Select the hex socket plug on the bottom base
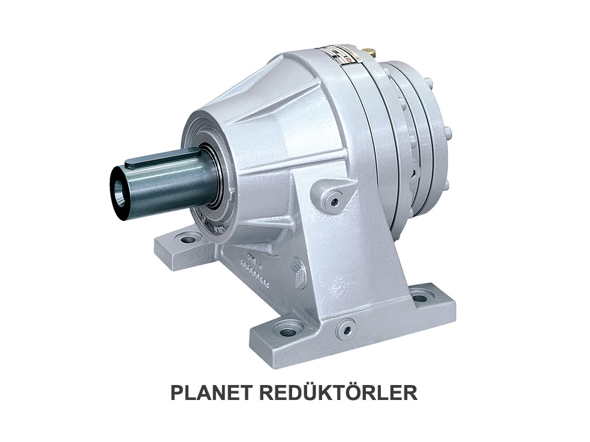coord(347,326)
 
